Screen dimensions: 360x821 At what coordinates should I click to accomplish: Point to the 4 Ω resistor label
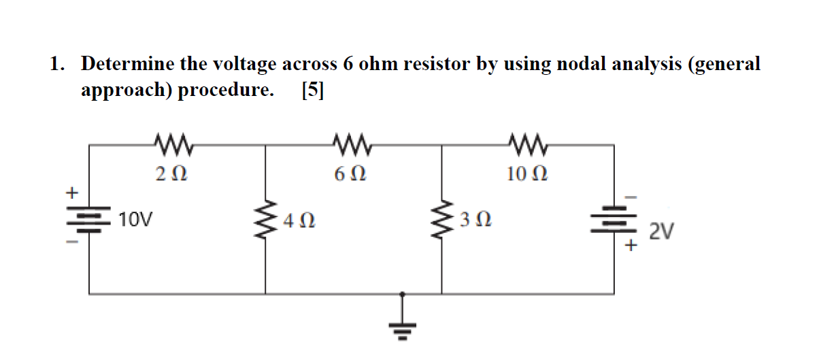pyautogui.click(x=300, y=220)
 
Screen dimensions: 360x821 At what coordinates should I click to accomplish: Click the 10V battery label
pyautogui.click(x=136, y=219)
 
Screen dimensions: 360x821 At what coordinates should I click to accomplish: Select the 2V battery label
pyautogui.click(x=661, y=233)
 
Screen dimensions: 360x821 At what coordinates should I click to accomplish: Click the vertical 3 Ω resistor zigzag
pyautogui.click(x=442, y=220)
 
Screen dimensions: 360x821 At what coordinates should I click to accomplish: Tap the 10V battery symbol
pyautogui.click(x=89, y=220)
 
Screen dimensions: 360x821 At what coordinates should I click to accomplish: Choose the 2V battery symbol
pyautogui.click(x=615, y=220)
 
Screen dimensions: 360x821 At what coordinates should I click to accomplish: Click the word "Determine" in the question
pyautogui.click(x=127, y=64)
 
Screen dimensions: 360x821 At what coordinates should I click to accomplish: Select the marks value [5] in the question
pyautogui.click(x=312, y=90)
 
